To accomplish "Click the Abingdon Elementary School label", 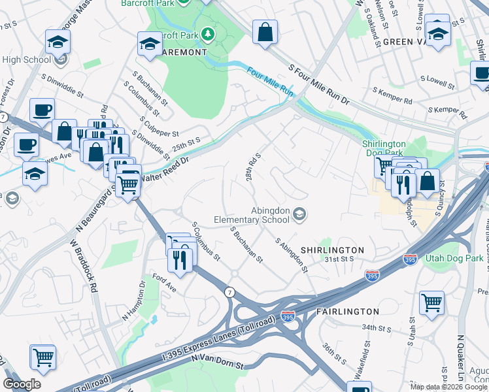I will coord(251,215).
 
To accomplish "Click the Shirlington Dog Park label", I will coord(384,148).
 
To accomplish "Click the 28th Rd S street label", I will coord(253,167).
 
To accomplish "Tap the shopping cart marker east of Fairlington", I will coord(431,302).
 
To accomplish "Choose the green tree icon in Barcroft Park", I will coord(208,33).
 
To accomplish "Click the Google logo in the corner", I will coord(22,384).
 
